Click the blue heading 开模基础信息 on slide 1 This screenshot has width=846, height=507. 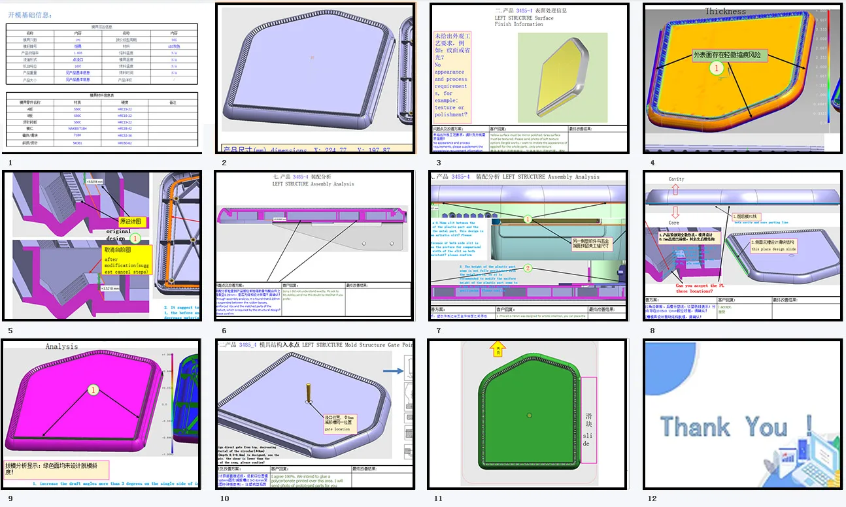(x=30, y=15)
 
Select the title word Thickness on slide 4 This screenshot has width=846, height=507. (x=725, y=11)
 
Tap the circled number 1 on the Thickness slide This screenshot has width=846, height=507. (x=717, y=68)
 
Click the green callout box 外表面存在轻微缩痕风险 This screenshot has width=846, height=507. (x=726, y=56)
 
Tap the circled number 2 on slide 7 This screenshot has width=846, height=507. (x=528, y=268)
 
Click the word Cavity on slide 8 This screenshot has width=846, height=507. (x=676, y=179)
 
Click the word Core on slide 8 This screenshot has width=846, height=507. (x=673, y=223)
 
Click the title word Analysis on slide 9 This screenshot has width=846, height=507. (x=61, y=346)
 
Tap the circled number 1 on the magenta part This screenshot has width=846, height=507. (x=93, y=390)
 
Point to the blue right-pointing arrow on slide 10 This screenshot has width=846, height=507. (x=392, y=371)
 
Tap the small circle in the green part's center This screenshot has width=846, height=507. (x=530, y=415)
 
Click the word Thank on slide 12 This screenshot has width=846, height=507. (x=694, y=427)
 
